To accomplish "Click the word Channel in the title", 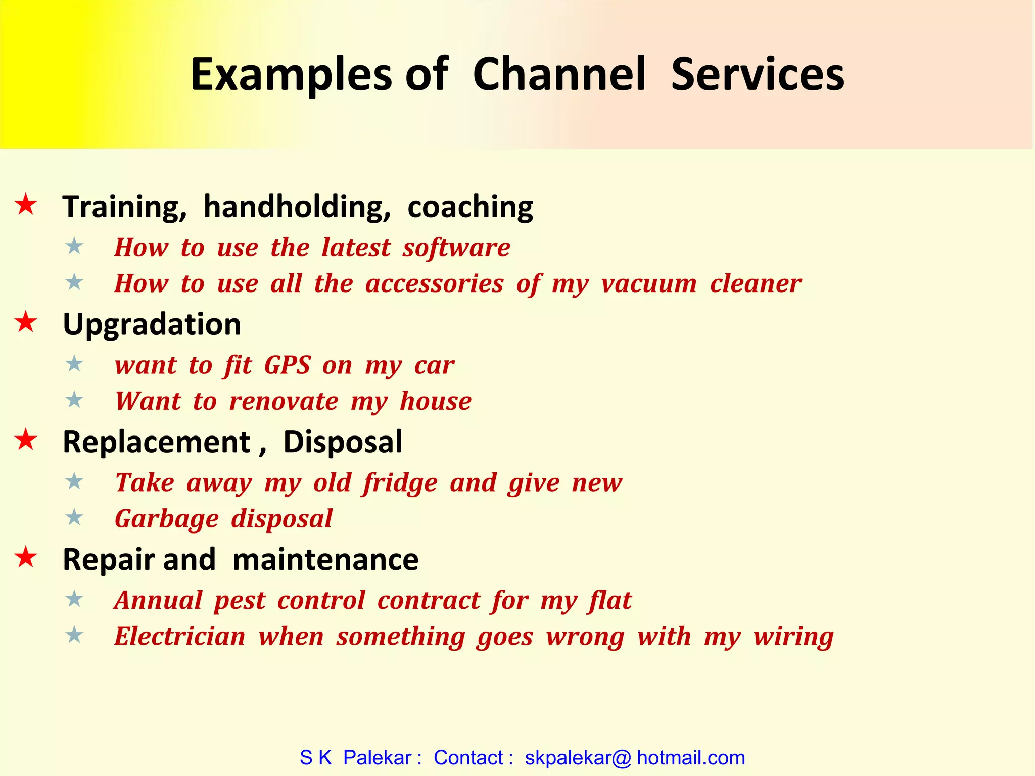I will [x=559, y=74].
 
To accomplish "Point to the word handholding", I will [x=297, y=207].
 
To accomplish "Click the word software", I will [x=456, y=248].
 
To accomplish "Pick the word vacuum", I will [x=649, y=283].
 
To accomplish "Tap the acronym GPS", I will [x=287, y=365].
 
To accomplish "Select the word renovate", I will [x=284, y=401].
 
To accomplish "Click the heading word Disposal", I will [x=343, y=442].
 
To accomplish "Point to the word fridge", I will [x=400, y=483].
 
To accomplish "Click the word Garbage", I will [x=167, y=519].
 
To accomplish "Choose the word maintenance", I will [x=325, y=559].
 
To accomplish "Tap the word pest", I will [x=239, y=601].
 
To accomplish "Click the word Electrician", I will [x=180, y=636].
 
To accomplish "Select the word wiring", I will [x=793, y=637].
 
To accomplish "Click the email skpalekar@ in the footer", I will [x=578, y=758].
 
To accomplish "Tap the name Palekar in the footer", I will [x=377, y=758].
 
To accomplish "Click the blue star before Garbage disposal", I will [x=75, y=517].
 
